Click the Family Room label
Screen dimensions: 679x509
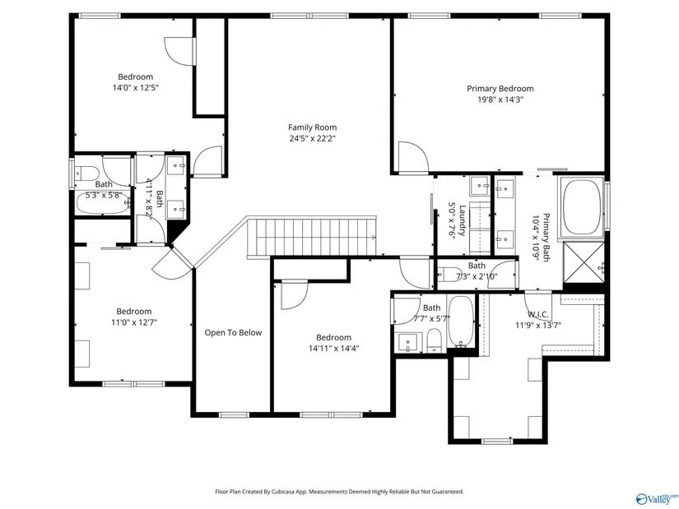(x=312, y=127)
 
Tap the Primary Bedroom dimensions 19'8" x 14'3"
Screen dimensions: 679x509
(x=500, y=99)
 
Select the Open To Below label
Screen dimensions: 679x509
(x=233, y=332)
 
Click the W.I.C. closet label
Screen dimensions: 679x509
(x=538, y=315)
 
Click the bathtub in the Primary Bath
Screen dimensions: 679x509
(x=582, y=206)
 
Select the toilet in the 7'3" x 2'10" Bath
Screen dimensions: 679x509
(x=449, y=275)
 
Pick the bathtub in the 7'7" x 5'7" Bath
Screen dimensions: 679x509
(x=461, y=322)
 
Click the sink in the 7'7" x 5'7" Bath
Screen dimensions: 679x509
(x=408, y=342)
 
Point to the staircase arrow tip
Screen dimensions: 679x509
(x=375, y=237)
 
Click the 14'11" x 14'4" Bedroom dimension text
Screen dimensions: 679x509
(x=333, y=349)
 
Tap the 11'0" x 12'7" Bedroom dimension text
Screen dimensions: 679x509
(x=134, y=322)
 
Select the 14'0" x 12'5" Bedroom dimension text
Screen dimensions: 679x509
(x=136, y=88)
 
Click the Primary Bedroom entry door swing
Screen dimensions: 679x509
(x=413, y=157)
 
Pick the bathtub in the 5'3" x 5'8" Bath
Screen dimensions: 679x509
(x=103, y=203)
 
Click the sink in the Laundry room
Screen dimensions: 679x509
(x=480, y=186)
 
